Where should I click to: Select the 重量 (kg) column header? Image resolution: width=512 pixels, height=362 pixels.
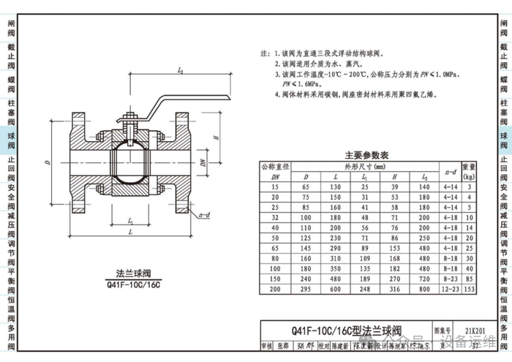[x=468, y=171]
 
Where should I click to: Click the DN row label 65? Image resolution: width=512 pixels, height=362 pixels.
[x=276, y=249]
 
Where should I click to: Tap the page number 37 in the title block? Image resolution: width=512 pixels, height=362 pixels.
[x=475, y=344]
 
